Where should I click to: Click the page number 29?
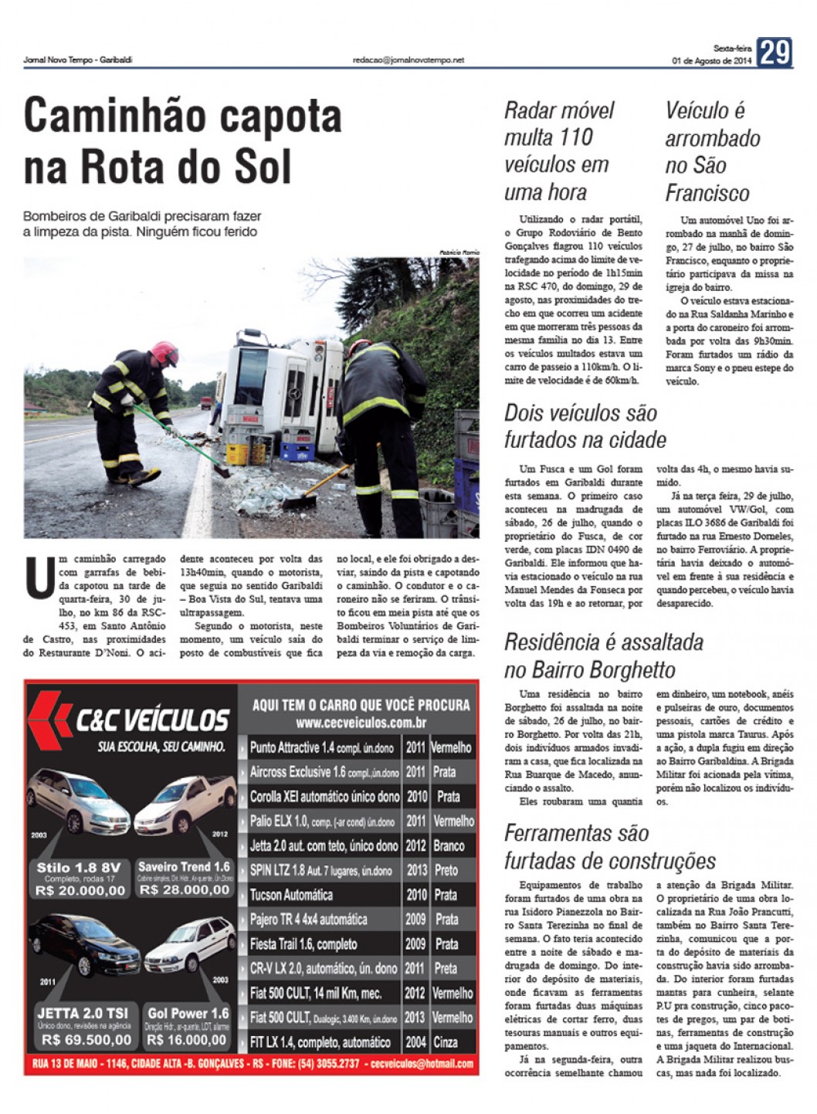tap(775, 53)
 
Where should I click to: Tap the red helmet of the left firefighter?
tap(165, 354)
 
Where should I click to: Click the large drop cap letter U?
tap(39, 577)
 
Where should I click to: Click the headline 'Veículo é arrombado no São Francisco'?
tap(712, 151)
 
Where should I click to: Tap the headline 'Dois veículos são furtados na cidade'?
tap(585, 426)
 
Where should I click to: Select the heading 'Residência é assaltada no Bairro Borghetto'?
tap(603, 655)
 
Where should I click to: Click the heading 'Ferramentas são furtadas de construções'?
tap(609, 847)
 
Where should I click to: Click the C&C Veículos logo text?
tap(151, 720)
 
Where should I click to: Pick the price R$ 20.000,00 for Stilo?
tap(80, 890)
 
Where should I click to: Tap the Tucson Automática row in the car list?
tap(291, 895)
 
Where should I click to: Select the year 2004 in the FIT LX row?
tap(415, 1041)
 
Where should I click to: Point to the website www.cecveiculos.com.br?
tap(361, 723)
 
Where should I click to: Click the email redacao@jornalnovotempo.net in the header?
tap(408, 59)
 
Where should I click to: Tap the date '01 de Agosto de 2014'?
tap(711, 61)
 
